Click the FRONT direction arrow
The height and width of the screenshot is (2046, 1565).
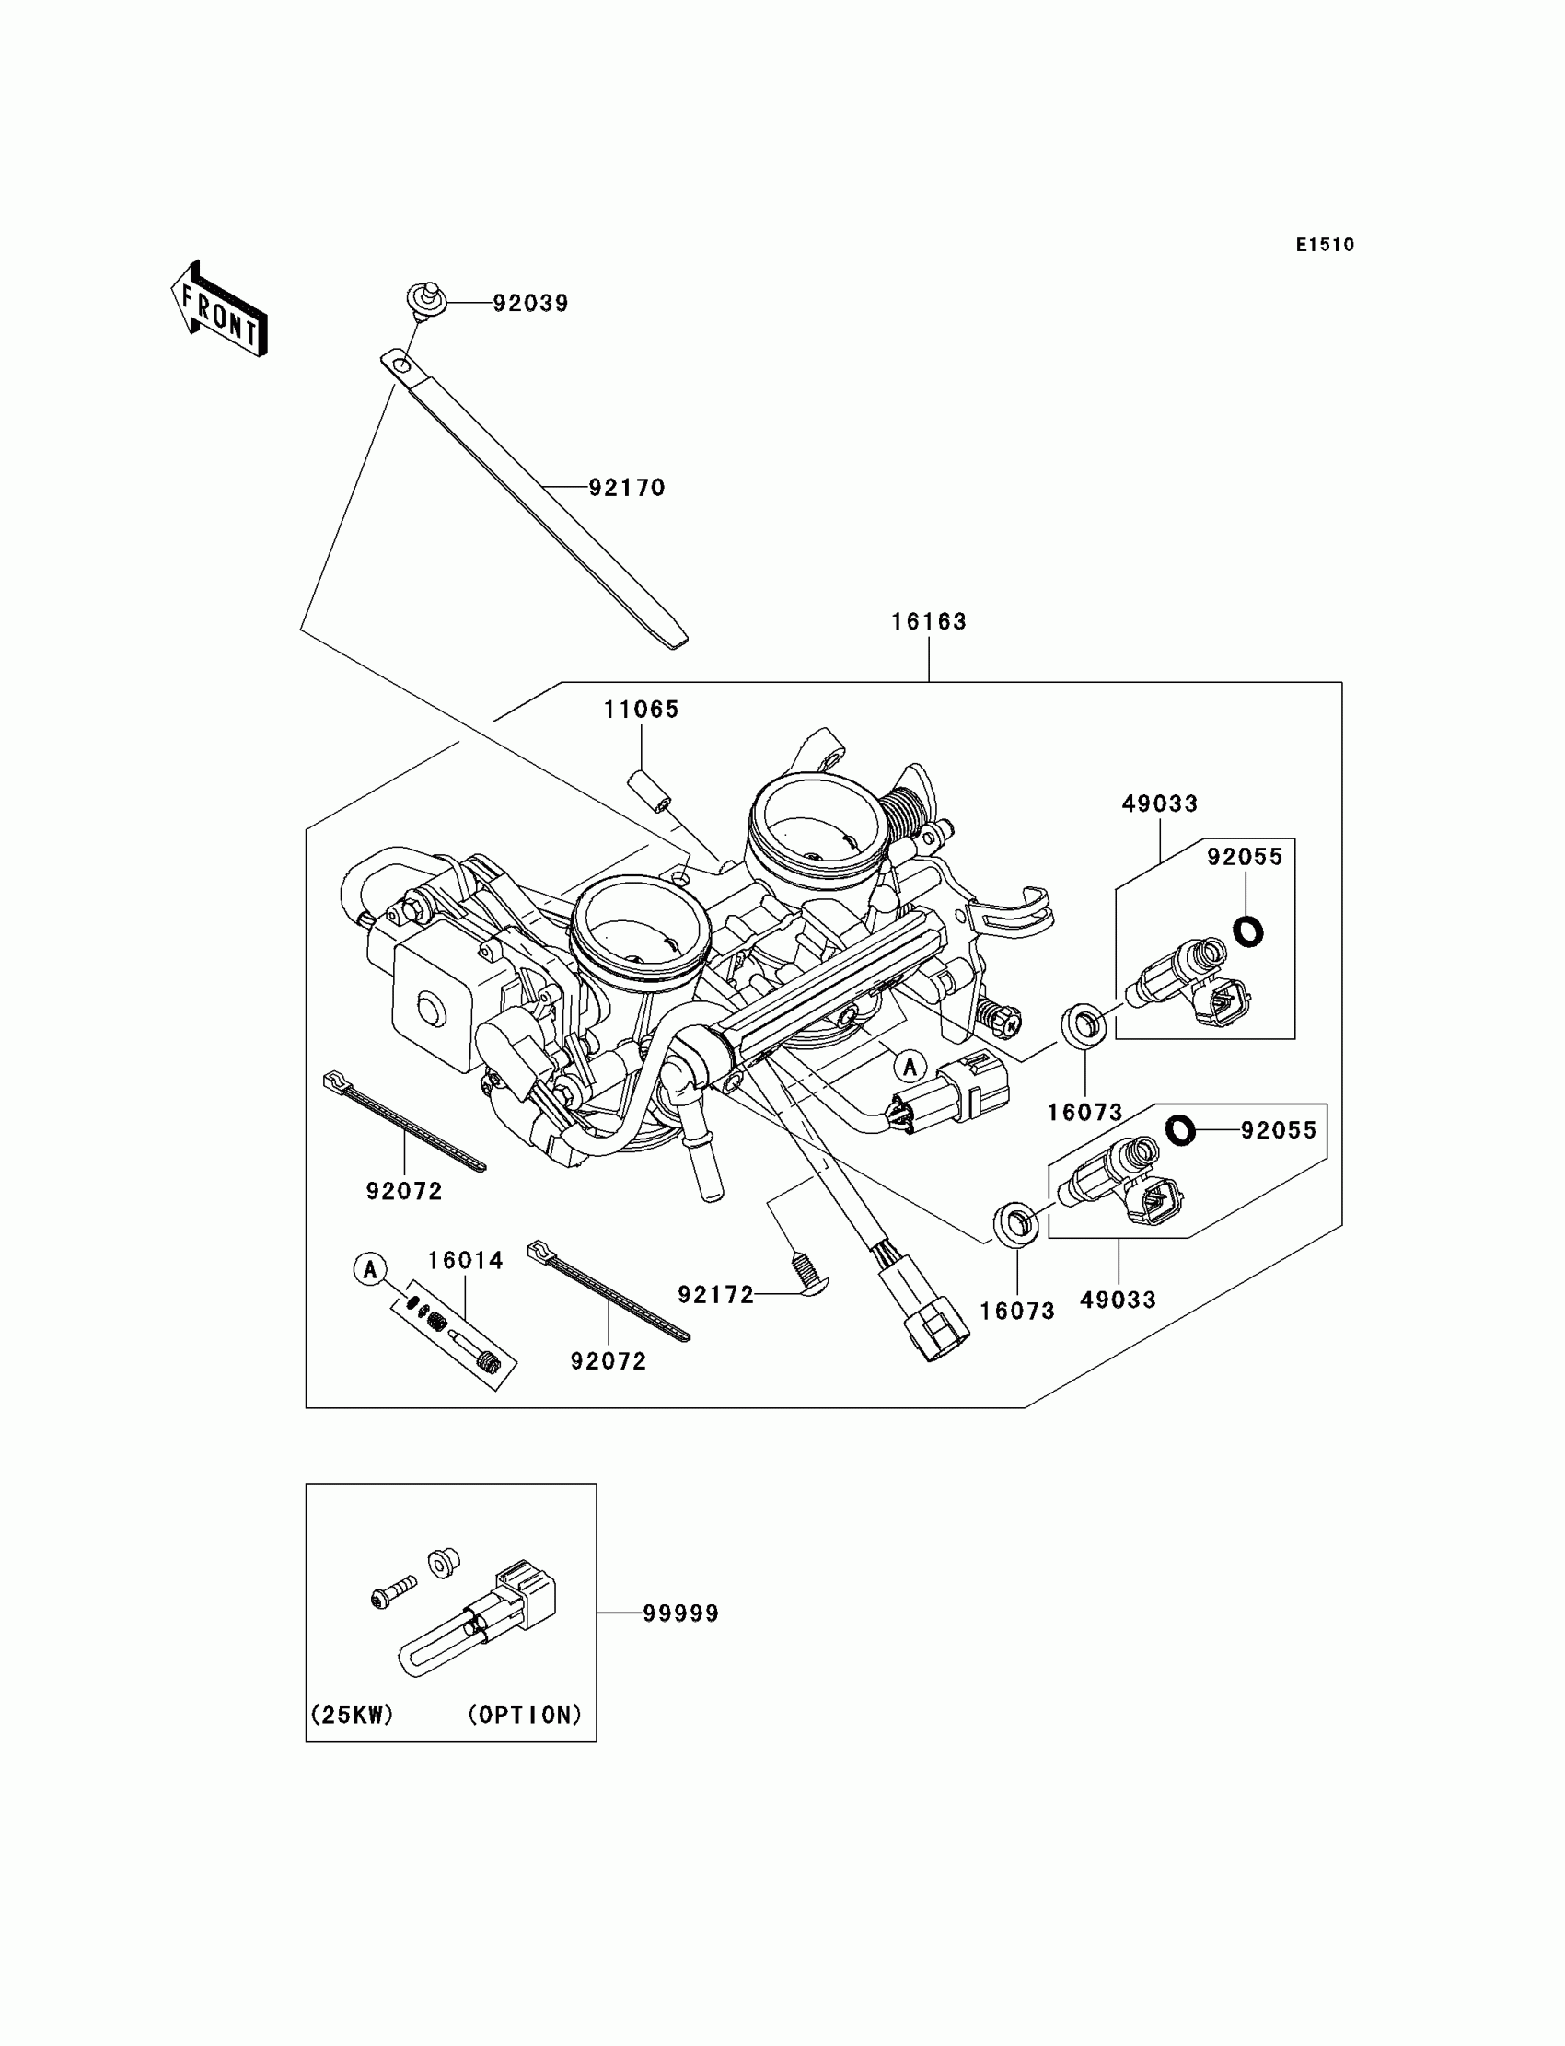(x=220, y=309)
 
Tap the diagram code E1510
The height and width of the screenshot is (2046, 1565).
(x=1324, y=245)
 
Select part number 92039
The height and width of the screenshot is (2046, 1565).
(x=530, y=304)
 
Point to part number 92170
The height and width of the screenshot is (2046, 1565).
(x=627, y=488)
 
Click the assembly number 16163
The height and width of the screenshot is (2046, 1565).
(x=929, y=622)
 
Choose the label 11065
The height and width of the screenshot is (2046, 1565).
(x=641, y=710)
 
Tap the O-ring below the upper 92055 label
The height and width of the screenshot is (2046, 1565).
(x=1247, y=931)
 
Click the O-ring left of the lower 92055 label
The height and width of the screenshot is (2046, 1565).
(x=1180, y=1129)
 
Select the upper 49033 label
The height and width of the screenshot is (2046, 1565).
(x=1160, y=803)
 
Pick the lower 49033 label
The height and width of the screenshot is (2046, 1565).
(x=1118, y=1300)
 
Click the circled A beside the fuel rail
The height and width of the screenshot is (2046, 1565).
(x=910, y=1067)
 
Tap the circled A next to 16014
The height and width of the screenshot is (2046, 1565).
(x=370, y=1268)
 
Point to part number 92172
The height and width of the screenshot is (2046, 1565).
(x=715, y=1295)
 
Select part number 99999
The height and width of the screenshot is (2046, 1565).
(x=681, y=1614)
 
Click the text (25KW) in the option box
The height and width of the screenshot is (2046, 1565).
(x=351, y=1715)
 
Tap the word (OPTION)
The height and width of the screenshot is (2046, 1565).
(x=525, y=1715)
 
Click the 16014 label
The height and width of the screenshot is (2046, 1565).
(x=465, y=1261)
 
